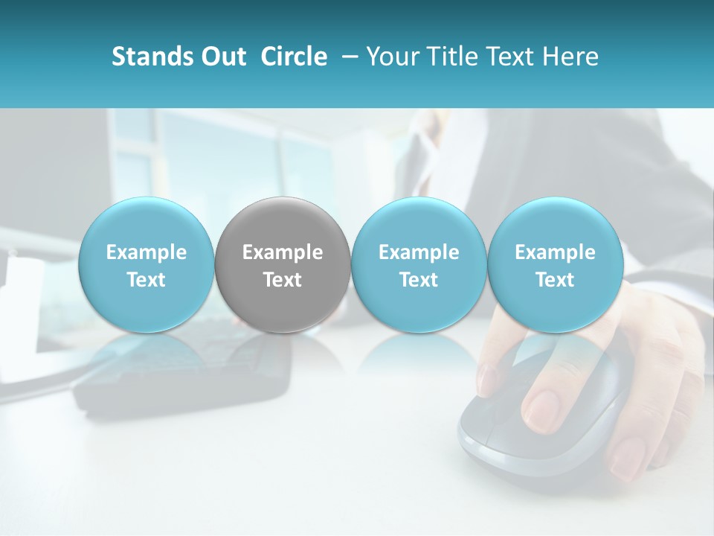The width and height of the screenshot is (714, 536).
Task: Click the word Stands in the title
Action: (x=149, y=57)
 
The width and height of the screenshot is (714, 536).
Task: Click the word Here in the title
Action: (x=572, y=57)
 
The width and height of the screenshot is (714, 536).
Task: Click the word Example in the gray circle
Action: (x=283, y=253)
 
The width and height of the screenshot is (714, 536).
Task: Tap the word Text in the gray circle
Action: (x=283, y=281)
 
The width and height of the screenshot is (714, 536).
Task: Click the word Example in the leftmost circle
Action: (x=146, y=253)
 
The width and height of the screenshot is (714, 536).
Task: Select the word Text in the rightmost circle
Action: (x=555, y=281)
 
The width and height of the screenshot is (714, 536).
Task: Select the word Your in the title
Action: (x=389, y=57)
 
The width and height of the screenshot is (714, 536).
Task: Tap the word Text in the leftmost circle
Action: (x=146, y=281)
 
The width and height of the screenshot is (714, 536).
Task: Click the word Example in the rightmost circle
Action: (x=555, y=253)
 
